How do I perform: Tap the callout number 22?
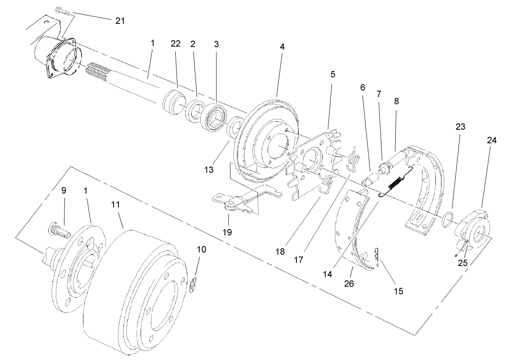[175, 44]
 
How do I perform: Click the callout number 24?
[492, 140]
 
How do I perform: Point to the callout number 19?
[227, 232]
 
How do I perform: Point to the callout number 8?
[395, 101]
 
